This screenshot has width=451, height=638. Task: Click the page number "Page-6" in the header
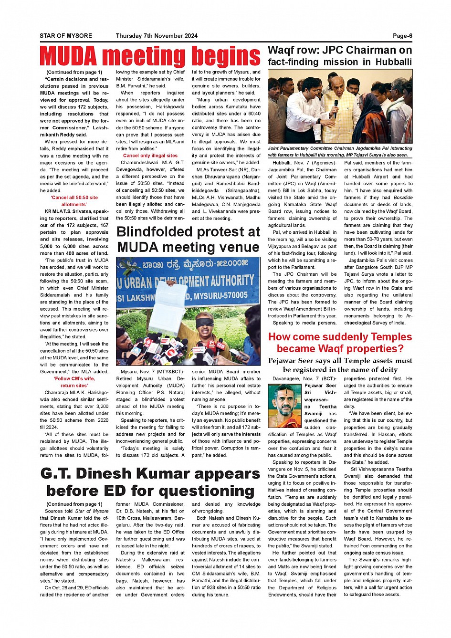click(402, 36)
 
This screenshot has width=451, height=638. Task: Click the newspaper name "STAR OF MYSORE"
click(66, 36)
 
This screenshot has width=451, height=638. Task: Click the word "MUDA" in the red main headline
click(69, 56)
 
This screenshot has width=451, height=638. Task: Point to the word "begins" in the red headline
click(226, 56)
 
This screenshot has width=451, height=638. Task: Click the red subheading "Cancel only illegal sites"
click(150, 156)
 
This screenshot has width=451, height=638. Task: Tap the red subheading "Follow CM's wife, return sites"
click(74, 382)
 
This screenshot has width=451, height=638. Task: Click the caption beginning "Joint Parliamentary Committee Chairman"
click(340, 152)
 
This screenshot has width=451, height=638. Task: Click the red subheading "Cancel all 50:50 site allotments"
click(74, 201)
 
